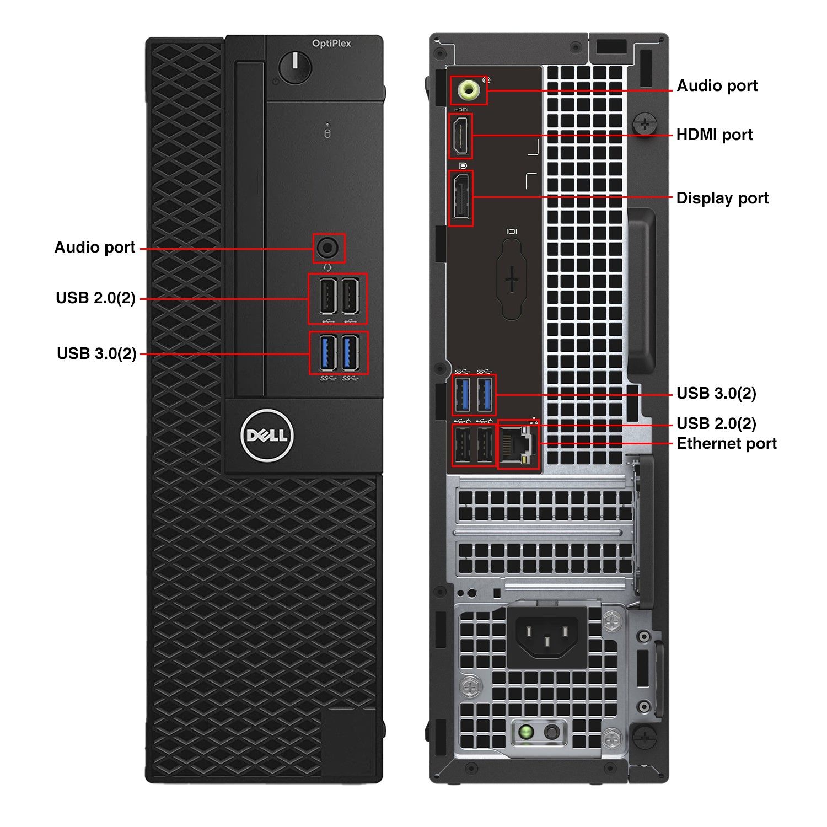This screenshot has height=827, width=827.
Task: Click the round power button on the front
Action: tap(295, 68)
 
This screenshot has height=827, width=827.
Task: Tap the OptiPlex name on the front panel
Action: tap(331, 44)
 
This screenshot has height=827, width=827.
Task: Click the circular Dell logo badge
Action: tap(267, 436)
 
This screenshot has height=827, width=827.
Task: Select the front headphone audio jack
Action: tap(329, 248)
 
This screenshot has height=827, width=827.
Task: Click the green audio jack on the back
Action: tap(468, 90)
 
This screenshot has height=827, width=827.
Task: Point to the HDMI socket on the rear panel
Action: tap(461, 136)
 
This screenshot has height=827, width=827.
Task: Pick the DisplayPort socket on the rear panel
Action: tap(461, 197)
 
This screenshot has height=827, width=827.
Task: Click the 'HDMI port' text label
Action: tap(714, 135)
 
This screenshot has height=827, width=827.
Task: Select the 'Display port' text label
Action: tap(722, 198)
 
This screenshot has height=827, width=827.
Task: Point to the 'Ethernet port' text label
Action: tap(726, 444)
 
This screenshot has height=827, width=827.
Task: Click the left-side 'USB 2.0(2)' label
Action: tap(95, 298)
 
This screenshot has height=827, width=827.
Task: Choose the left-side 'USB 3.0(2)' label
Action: tap(96, 353)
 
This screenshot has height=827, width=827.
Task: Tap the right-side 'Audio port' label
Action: tap(717, 86)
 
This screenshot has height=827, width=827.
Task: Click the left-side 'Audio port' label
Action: tap(95, 248)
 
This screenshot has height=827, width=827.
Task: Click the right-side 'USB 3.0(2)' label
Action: tap(716, 394)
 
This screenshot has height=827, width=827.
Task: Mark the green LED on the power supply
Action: tap(526, 732)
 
